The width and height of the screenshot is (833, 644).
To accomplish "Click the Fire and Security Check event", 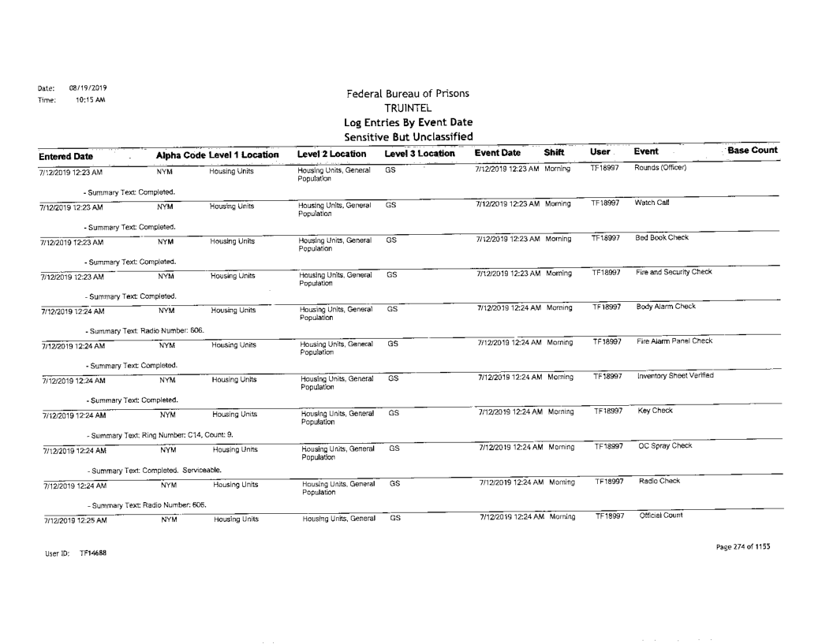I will pos(669,273).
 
